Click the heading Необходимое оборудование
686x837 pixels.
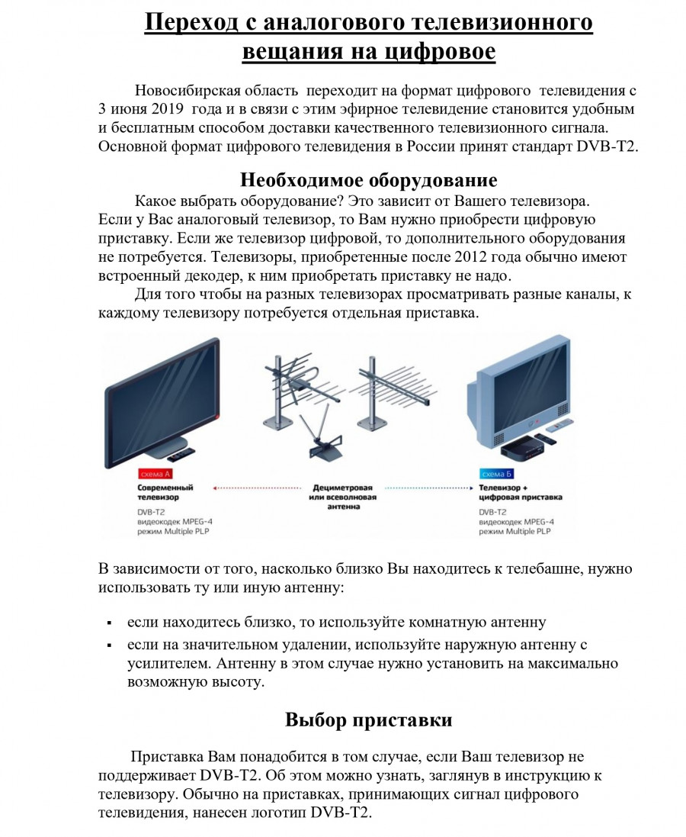tap(369, 180)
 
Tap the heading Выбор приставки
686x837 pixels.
tap(369, 719)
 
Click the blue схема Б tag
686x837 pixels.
tap(496, 473)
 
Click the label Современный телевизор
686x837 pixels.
tap(165, 491)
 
